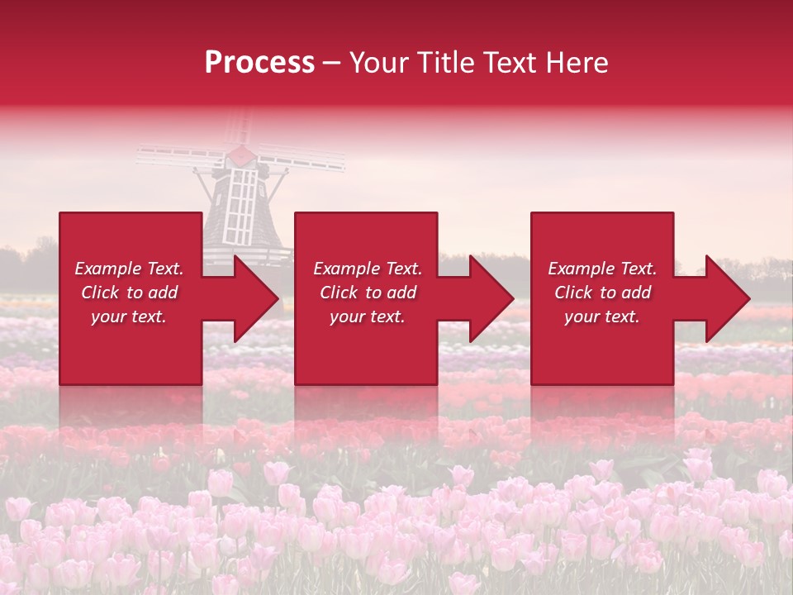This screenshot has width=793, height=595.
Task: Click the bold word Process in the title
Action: (x=259, y=63)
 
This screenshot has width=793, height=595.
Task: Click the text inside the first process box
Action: (x=129, y=293)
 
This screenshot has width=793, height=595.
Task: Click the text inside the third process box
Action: (x=602, y=293)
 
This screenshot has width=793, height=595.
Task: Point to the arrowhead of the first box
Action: (x=256, y=298)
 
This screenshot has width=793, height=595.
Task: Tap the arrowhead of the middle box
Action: (x=491, y=298)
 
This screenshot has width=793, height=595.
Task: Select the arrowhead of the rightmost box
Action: (x=728, y=298)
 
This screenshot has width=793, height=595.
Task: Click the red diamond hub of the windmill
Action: (x=240, y=155)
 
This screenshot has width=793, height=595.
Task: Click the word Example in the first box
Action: (x=108, y=269)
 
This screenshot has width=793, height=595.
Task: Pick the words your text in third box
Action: (x=602, y=317)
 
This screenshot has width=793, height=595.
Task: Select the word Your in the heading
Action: (x=376, y=63)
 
